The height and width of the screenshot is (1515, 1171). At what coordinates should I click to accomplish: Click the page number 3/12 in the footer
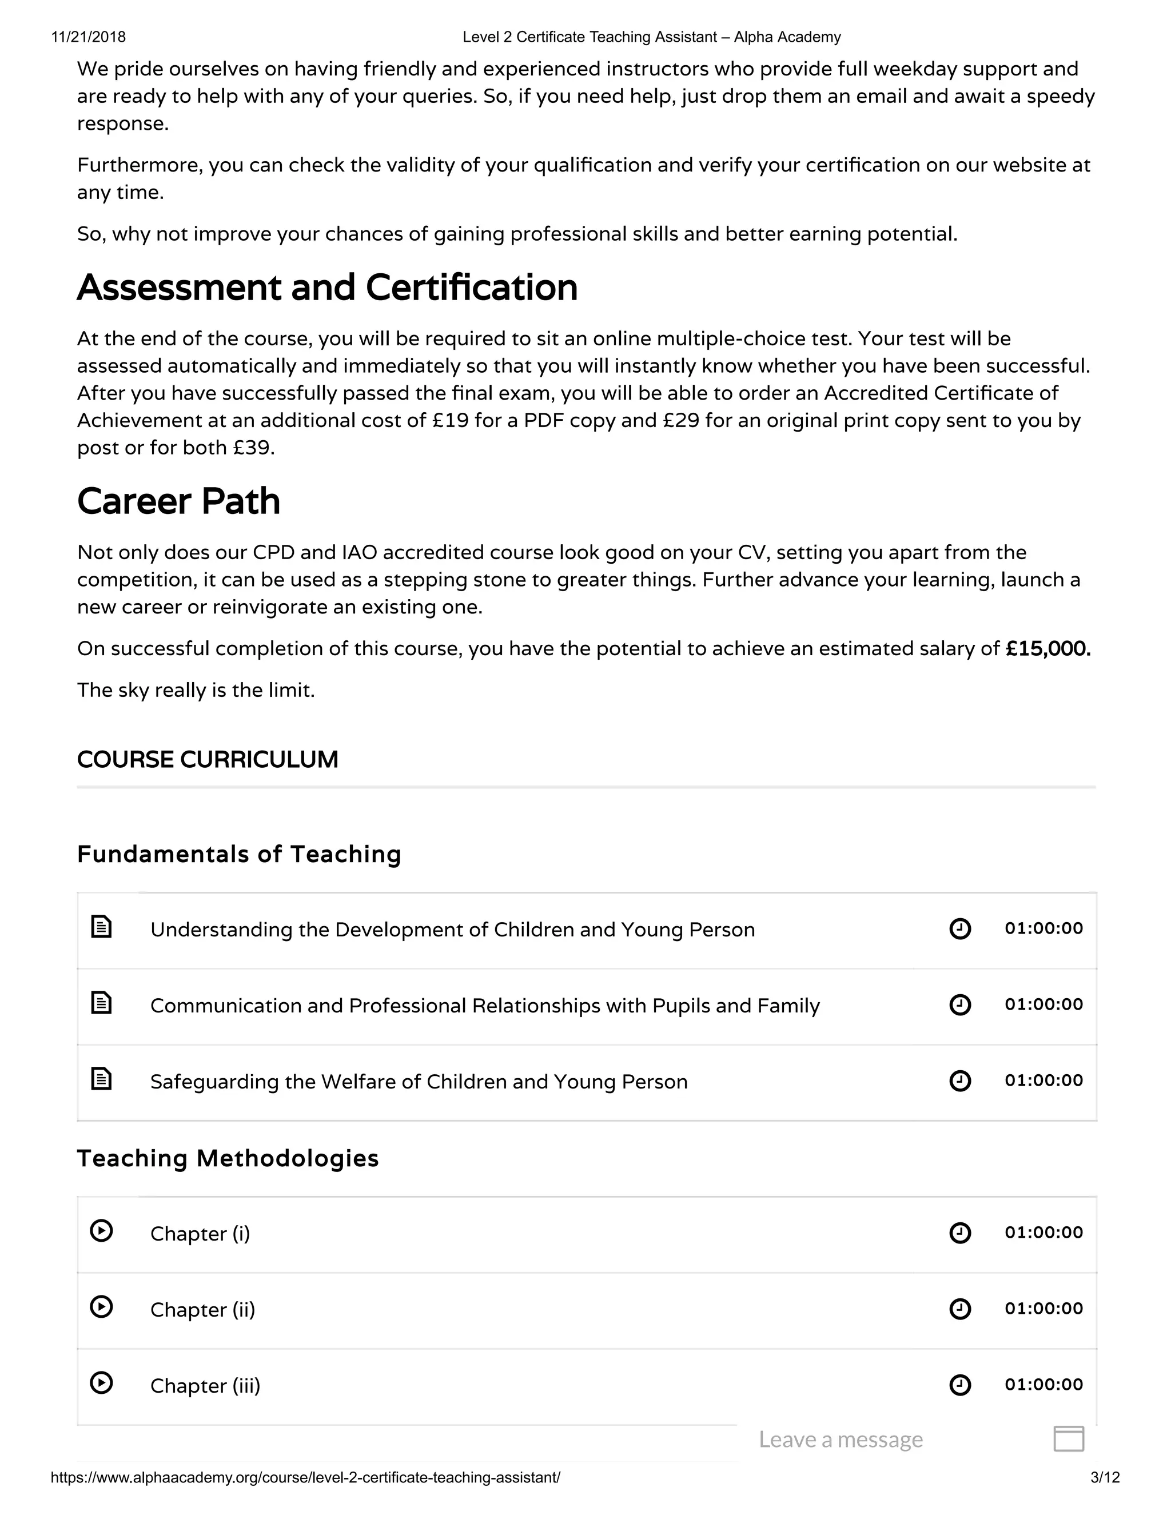click(x=1105, y=1477)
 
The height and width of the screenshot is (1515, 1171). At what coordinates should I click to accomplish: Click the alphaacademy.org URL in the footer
click(x=305, y=1477)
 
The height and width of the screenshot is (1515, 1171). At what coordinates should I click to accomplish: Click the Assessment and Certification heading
click(x=326, y=287)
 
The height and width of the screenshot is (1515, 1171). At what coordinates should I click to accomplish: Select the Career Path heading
click(x=178, y=501)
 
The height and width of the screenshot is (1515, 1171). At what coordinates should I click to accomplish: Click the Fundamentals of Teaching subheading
click(x=238, y=854)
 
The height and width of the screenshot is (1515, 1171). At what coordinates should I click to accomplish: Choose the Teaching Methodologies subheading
click(x=228, y=1158)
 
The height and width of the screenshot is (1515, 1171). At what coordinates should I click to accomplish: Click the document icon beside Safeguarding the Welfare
click(x=101, y=1079)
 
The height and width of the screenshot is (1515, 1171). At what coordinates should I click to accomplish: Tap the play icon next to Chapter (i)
click(x=101, y=1231)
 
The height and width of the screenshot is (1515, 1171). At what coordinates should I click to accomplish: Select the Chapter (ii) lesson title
click(x=202, y=1310)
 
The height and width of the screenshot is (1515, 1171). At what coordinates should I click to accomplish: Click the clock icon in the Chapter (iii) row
click(x=960, y=1385)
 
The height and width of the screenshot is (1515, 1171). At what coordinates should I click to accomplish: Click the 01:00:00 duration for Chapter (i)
click(x=1043, y=1233)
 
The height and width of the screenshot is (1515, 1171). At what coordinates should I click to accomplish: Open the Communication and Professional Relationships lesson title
click(x=485, y=1006)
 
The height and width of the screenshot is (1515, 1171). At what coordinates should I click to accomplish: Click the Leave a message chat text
click(x=841, y=1440)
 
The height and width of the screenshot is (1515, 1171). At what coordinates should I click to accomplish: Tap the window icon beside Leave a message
click(x=1068, y=1439)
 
